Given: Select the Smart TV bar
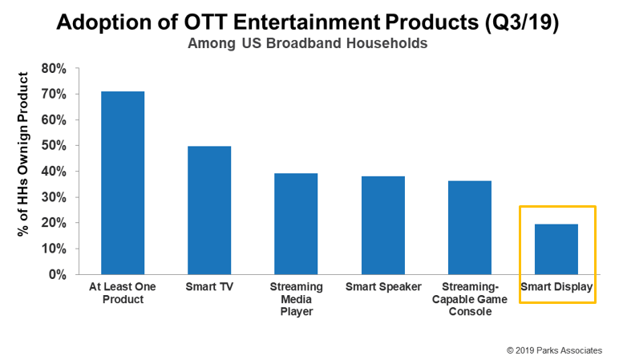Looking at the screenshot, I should tap(209, 210).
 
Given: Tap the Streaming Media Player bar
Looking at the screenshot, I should tap(296, 224).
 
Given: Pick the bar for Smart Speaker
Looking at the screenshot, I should tap(383, 225).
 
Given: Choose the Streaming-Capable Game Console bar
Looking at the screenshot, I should tap(470, 228).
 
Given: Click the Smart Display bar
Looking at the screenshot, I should tap(556, 249).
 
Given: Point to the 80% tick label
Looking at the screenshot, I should tap(52, 69).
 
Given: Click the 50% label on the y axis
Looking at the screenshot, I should tap(52, 146).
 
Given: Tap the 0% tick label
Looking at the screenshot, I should tap(55, 274).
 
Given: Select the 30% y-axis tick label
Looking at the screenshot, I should tap(52, 197).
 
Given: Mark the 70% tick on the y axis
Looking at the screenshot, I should tap(52, 95).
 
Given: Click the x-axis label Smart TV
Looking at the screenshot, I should tap(209, 286).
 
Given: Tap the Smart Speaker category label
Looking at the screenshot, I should tap(383, 286).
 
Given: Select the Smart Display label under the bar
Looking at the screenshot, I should tap(556, 286).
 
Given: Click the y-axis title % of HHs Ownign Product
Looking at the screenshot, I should tap(23, 154).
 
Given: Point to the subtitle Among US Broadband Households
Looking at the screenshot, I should tap(308, 43).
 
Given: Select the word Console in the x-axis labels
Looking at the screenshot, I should tap(470, 311).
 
